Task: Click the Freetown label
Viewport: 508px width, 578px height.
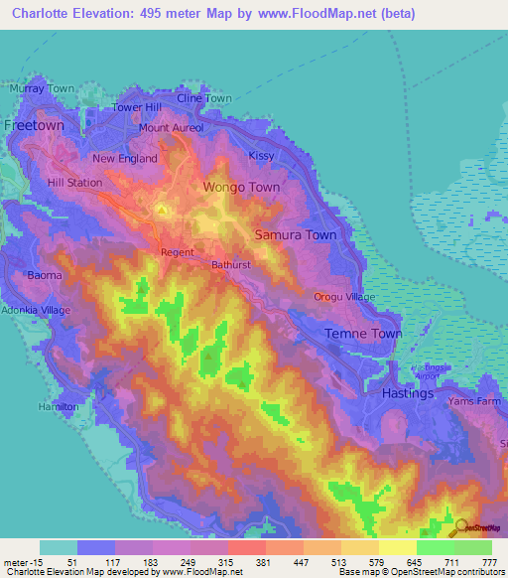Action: tap(34, 126)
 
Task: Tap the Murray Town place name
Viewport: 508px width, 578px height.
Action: tap(41, 88)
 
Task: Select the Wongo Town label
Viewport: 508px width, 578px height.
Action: tap(241, 187)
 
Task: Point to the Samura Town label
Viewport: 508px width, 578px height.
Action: tap(296, 235)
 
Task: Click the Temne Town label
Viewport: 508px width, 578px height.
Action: tap(365, 334)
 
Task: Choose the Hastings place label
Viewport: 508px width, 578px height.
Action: tap(408, 393)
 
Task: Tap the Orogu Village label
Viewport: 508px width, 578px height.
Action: tap(344, 297)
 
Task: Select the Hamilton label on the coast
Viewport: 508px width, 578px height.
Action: tap(58, 407)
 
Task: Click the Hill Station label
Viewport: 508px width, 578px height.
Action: tap(74, 184)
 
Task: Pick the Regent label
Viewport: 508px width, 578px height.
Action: tap(178, 252)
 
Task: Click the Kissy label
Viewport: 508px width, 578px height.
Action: tap(262, 156)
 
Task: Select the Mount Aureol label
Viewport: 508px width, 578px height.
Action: tap(172, 128)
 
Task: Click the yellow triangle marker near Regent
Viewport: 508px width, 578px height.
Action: tap(163, 211)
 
